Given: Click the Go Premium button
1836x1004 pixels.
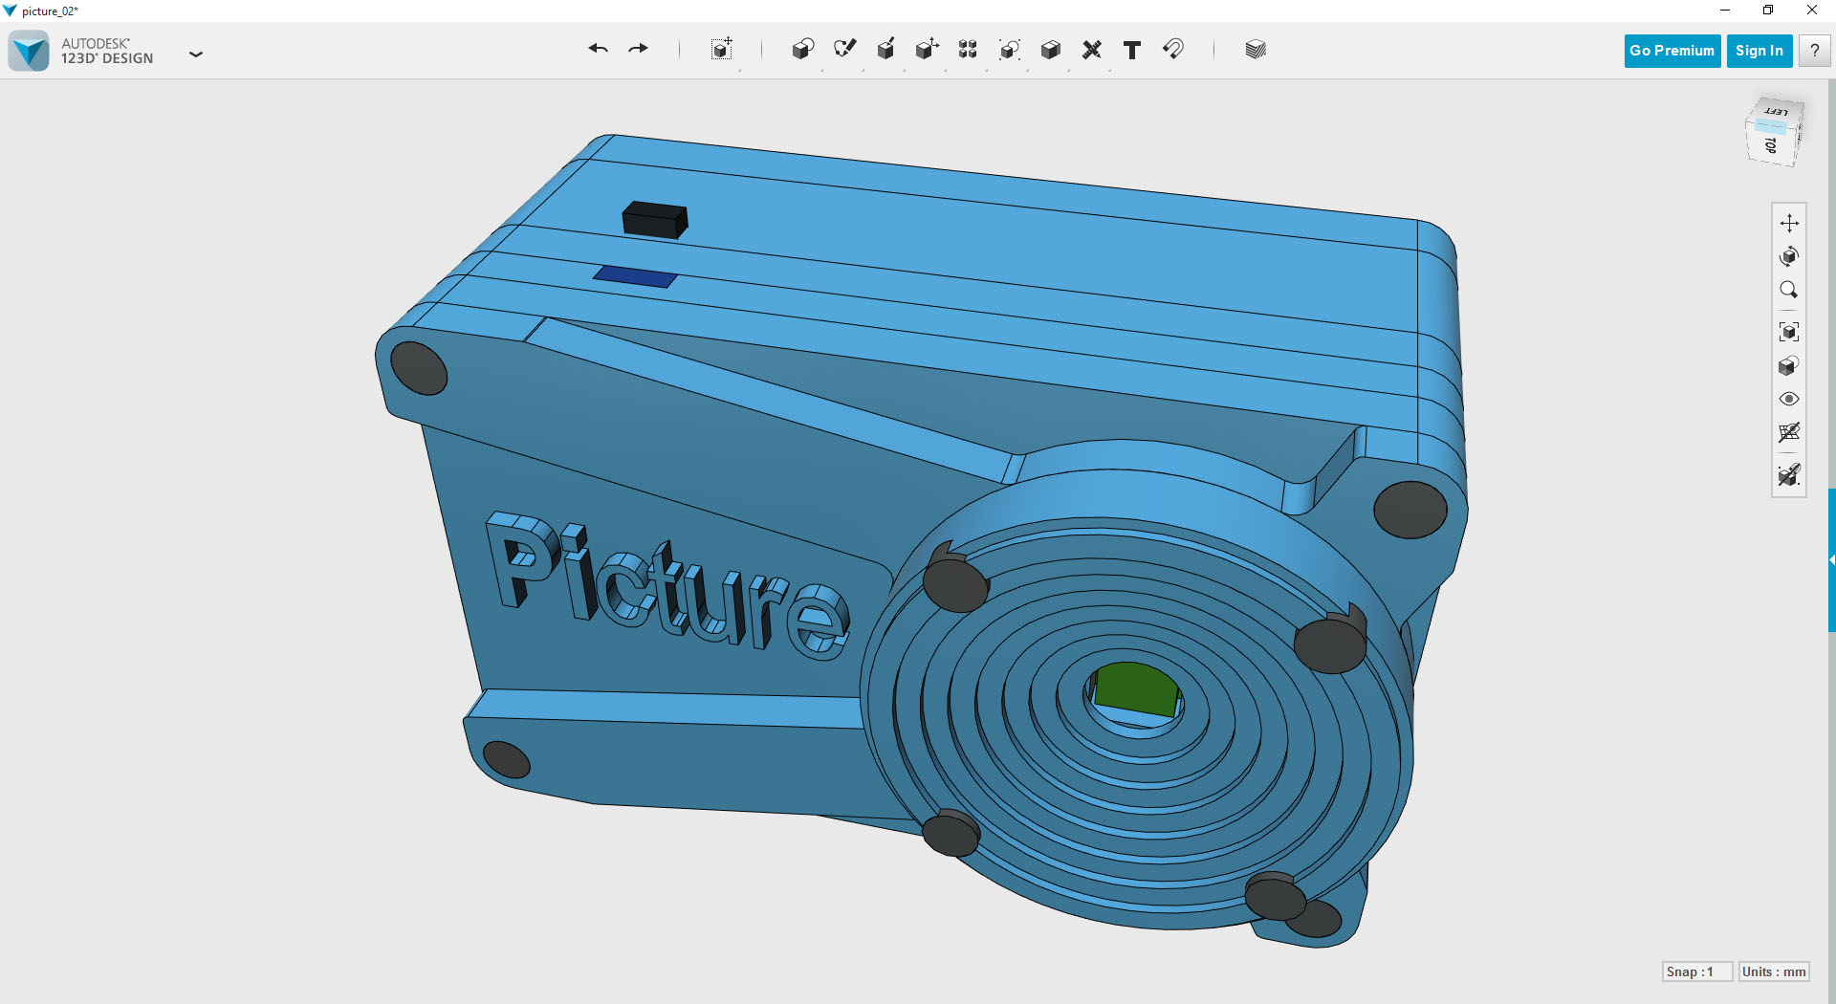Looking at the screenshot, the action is tap(1672, 51).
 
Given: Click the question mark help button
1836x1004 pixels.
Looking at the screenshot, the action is tap(1814, 51).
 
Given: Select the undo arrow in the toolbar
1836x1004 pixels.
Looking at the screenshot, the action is tap(599, 49).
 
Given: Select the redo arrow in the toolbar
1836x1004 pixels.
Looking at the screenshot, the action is tap(638, 49).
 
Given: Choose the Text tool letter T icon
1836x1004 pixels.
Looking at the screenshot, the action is tap(1132, 50).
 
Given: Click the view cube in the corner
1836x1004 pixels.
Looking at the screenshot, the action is tap(1774, 132).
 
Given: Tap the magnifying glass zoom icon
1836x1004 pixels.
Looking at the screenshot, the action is tap(1789, 290).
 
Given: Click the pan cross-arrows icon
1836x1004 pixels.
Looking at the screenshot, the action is tap(1789, 223).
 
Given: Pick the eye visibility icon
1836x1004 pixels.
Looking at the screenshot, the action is tap(1789, 399).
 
